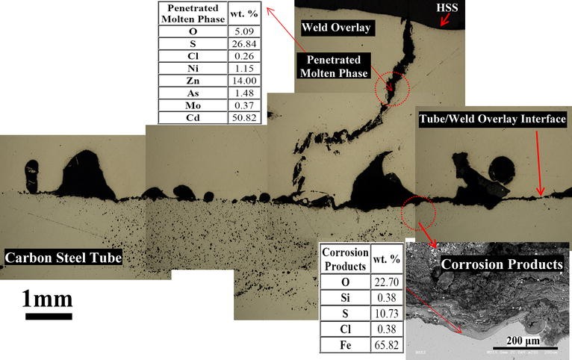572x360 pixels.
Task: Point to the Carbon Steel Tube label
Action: pos(63,258)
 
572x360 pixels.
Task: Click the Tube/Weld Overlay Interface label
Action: pos(493,120)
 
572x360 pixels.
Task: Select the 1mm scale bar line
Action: pos(49,317)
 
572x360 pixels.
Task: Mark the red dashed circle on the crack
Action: pos(392,87)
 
